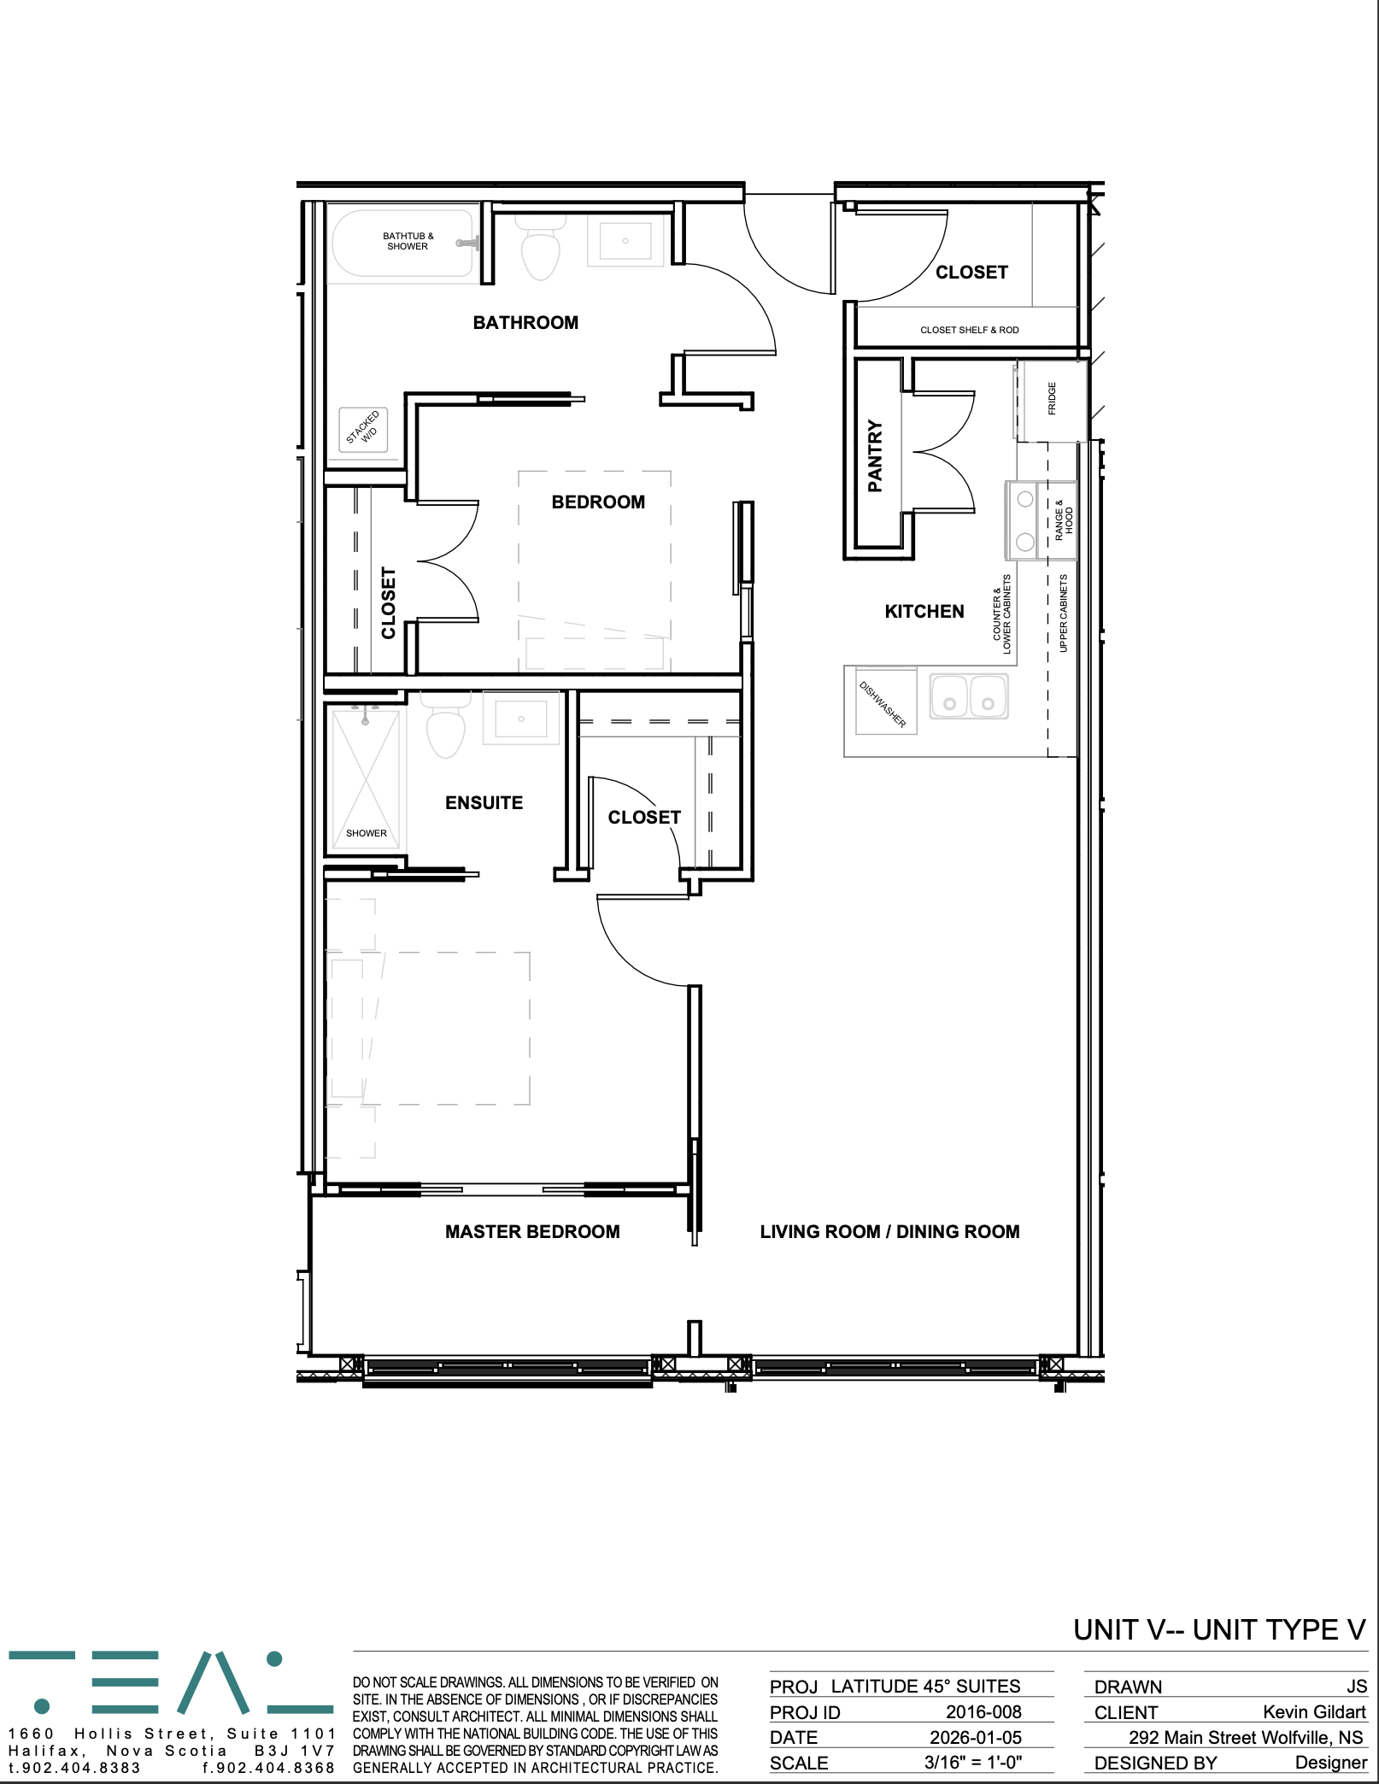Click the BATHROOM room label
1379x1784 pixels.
(x=525, y=323)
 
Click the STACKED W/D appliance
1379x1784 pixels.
(x=363, y=429)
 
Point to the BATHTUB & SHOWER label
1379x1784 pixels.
(x=408, y=241)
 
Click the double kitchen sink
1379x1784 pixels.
(x=969, y=695)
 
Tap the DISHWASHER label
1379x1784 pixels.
(x=883, y=704)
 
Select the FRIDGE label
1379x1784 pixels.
(x=1052, y=398)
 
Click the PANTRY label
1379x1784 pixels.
(x=875, y=455)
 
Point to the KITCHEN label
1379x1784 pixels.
(x=924, y=612)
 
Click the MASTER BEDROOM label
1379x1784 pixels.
(x=532, y=1232)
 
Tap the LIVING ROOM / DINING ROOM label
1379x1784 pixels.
(x=889, y=1232)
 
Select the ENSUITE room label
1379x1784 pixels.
(x=484, y=803)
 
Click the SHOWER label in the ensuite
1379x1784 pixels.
(x=367, y=833)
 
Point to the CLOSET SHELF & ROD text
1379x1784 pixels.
(x=970, y=330)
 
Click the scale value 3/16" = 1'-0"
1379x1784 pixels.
(x=973, y=1763)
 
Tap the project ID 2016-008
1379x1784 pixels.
(x=983, y=1712)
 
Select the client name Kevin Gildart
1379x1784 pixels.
(x=1314, y=1712)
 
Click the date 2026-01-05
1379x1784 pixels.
(x=976, y=1738)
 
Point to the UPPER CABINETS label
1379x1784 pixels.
(x=1064, y=613)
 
